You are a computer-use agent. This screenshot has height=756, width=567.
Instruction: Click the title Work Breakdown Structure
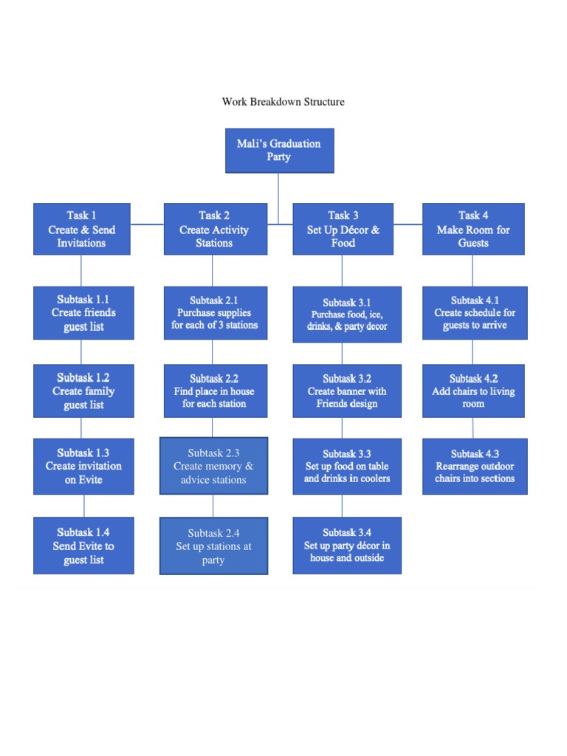point(283,102)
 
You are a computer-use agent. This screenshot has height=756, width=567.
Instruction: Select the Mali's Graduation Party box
point(279,151)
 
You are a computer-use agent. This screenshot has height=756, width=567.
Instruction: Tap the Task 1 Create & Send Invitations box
point(82,229)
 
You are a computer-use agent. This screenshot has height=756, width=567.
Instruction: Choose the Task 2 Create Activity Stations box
point(214,229)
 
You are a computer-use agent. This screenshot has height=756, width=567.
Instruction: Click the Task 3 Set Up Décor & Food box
point(343,229)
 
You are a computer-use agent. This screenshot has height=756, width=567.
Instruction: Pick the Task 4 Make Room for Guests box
point(473,229)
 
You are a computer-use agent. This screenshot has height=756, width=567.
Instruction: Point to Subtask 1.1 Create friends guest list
point(83,313)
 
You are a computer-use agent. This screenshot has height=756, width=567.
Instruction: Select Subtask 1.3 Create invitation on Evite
point(83,466)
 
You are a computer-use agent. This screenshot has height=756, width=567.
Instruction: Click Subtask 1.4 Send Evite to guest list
point(83,546)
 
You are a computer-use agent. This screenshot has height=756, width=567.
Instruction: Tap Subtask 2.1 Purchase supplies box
point(214,313)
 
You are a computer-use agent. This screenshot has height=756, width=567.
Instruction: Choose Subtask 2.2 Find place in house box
point(214,391)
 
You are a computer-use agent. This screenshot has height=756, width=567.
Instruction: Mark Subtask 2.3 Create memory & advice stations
point(213,466)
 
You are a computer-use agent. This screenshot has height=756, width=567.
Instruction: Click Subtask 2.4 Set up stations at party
point(213,546)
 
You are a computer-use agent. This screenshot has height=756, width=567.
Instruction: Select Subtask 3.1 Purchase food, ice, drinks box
point(347,315)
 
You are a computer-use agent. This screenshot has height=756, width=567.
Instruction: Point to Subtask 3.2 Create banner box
point(347,391)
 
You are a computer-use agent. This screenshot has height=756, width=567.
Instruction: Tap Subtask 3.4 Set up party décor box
point(347,546)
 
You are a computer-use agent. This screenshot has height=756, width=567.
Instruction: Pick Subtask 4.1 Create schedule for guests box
point(475,313)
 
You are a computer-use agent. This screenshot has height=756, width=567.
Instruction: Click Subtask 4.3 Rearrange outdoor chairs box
point(475,466)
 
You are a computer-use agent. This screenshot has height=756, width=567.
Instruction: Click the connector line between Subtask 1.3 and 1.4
point(84,506)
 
